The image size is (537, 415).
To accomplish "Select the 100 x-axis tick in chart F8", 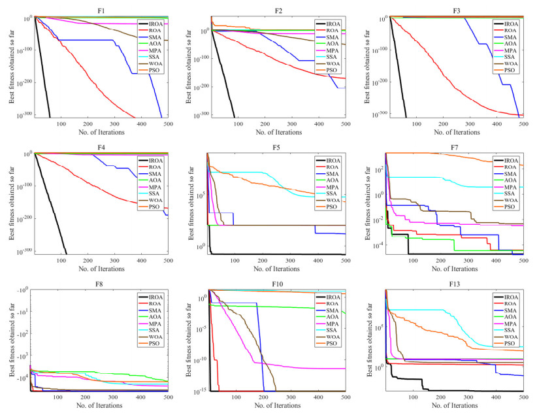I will point(61,397).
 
